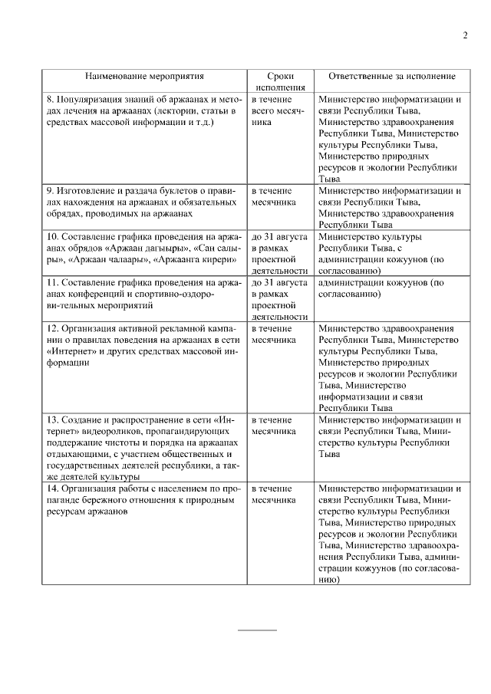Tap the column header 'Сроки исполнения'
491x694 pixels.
[280, 82]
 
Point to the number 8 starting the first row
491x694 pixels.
[50, 100]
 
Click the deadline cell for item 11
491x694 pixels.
[280, 299]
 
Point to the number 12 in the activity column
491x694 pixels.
[52, 328]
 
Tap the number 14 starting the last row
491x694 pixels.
[52, 488]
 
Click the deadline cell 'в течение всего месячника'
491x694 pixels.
[280, 110]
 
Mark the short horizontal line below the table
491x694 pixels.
[258, 630]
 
